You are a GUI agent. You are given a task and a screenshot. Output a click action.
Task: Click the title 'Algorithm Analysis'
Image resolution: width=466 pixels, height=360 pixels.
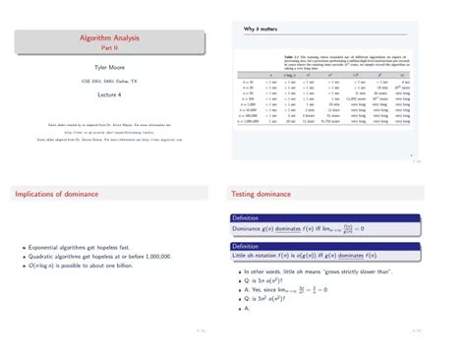click(116, 37)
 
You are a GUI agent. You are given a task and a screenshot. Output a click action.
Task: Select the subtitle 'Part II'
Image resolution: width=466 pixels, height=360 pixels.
click(116, 47)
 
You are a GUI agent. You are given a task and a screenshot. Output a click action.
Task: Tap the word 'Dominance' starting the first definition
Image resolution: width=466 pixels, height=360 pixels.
click(250, 227)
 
